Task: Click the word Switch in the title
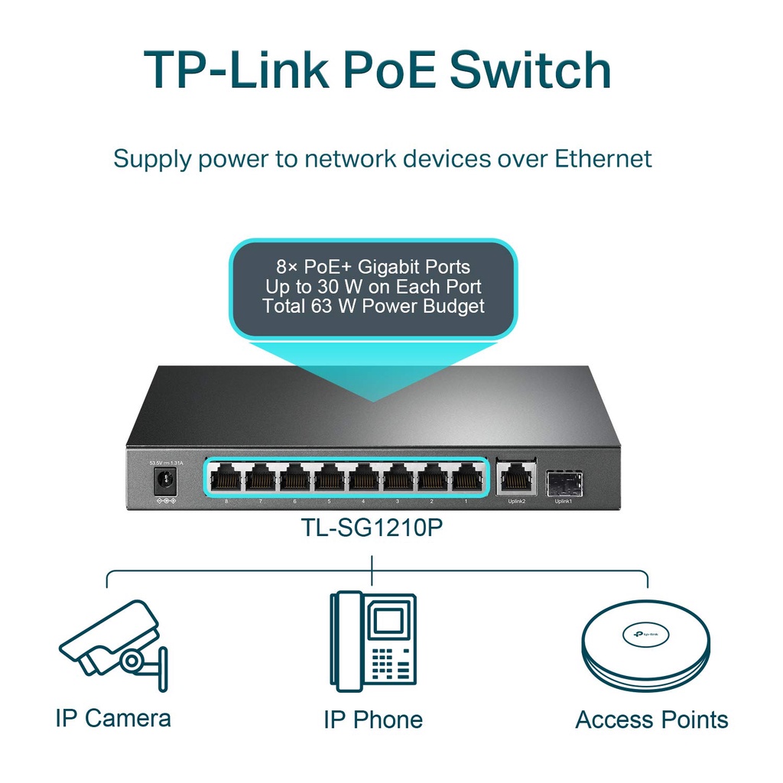[x=529, y=70]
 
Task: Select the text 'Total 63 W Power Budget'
[x=373, y=307]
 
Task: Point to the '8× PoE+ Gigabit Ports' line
[x=373, y=267]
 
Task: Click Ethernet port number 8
[x=226, y=479]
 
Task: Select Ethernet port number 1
[x=466, y=479]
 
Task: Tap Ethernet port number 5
[x=329, y=479]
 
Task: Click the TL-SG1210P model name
[x=372, y=530]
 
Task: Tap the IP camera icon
[x=114, y=646]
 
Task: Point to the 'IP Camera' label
[x=113, y=718]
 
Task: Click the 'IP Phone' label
[x=372, y=720]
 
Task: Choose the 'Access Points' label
[x=651, y=720]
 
